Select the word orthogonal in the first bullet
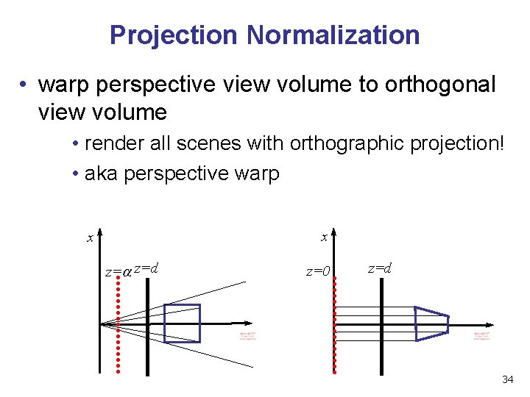(440, 85)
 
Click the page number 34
(507, 379)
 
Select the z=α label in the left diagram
(118, 271)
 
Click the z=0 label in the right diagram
(318, 271)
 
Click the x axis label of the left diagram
(90, 237)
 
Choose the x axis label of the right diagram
(324, 237)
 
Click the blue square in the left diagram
(182, 323)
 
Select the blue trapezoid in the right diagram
(432, 323)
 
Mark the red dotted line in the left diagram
(118, 331)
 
